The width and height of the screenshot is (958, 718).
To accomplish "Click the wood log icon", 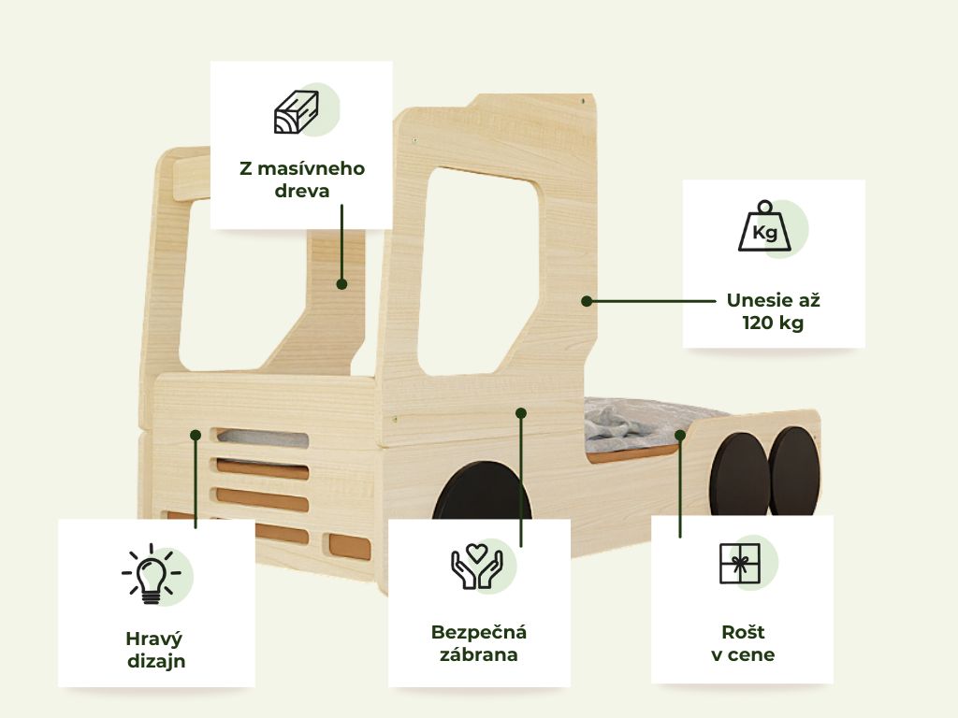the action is (296, 112).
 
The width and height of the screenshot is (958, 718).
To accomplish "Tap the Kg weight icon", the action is (764, 226).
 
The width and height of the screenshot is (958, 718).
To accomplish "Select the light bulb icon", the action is (151, 574).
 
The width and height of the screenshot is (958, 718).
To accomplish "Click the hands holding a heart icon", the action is (476, 567).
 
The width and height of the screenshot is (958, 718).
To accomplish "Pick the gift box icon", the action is (740, 563).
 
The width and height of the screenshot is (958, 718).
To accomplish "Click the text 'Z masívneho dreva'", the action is (302, 179).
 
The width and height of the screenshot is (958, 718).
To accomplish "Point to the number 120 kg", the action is (773, 323).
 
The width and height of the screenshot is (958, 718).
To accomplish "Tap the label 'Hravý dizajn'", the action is (156, 650).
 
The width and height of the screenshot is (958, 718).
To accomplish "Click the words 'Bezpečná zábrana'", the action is (479, 643).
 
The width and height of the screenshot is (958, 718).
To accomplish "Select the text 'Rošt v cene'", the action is (743, 643).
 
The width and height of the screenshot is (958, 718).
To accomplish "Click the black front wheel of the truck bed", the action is (482, 492).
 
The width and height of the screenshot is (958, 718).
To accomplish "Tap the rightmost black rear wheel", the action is (794, 471).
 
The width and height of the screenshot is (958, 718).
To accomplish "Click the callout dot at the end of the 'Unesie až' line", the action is (587, 301).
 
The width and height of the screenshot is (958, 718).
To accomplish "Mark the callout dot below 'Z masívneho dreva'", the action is (342, 284).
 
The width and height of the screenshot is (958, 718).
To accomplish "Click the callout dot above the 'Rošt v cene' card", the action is (680, 435).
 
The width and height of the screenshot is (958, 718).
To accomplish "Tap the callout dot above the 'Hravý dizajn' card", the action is (196, 435).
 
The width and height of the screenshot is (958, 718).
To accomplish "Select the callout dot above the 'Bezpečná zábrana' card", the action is (521, 413).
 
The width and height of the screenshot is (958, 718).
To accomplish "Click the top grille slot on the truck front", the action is (260, 438).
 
